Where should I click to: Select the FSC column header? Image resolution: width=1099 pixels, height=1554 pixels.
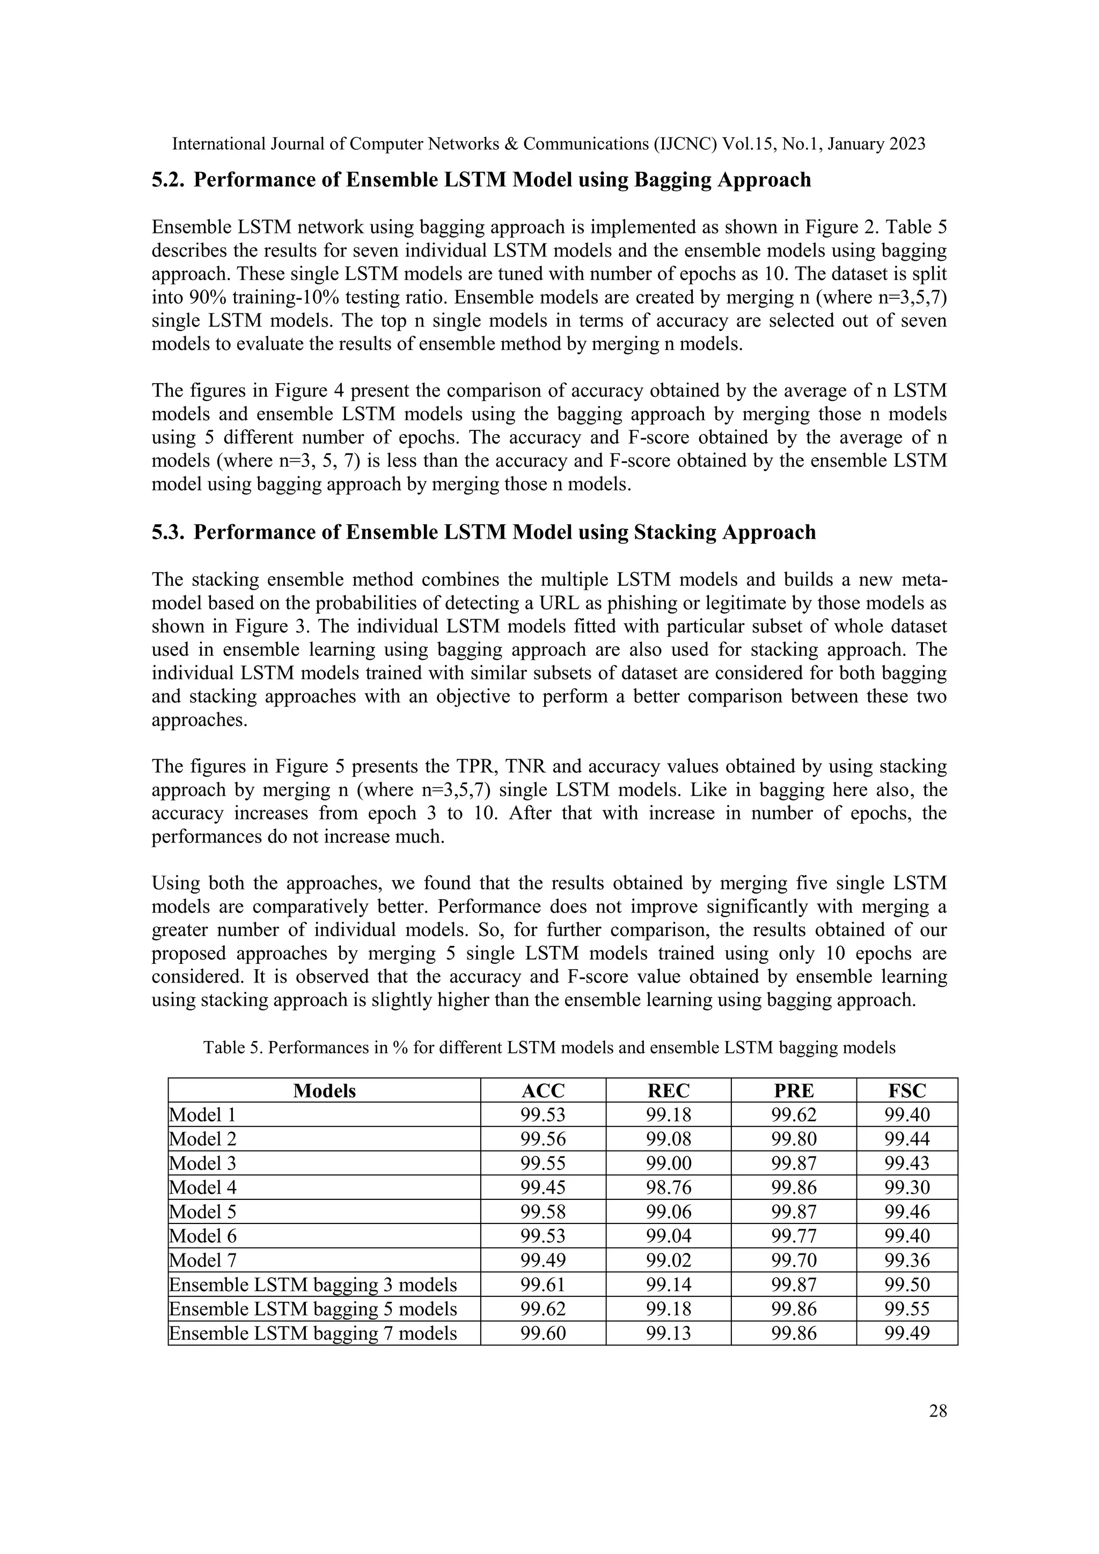[x=906, y=1090]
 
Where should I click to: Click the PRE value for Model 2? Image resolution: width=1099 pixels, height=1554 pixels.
[x=793, y=1139]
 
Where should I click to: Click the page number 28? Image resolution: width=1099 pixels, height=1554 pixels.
[x=937, y=1411]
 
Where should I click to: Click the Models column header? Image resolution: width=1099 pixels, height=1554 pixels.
[x=324, y=1090]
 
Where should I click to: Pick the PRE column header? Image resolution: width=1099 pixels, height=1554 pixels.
[x=793, y=1090]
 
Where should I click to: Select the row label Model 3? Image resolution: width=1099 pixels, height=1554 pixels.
[x=203, y=1163]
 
